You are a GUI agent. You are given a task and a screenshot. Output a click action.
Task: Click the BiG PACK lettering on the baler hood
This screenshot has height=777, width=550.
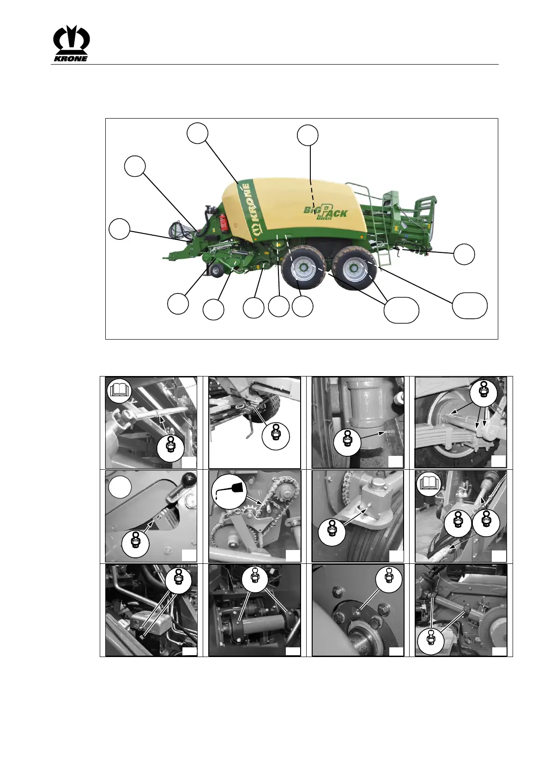(x=326, y=210)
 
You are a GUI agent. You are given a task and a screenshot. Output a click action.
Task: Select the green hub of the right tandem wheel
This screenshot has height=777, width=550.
(x=354, y=268)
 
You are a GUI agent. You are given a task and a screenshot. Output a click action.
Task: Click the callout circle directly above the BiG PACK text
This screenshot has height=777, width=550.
(x=308, y=135)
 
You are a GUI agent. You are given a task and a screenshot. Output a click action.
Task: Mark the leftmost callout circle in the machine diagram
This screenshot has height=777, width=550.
(x=119, y=229)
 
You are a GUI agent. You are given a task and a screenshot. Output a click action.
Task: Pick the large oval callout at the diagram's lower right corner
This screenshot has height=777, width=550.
(x=470, y=305)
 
